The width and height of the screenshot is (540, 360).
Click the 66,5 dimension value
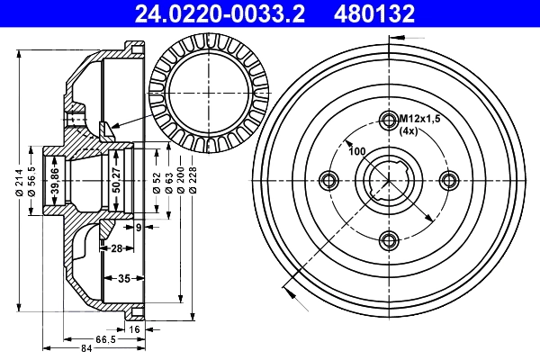tap(106, 340)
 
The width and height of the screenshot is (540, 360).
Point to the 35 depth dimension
tap(125, 279)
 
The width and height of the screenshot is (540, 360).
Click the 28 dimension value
tap(116, 247)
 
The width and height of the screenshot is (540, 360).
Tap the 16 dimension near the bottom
tap(134, 331)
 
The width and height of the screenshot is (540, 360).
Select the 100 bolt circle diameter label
tap(356, 150)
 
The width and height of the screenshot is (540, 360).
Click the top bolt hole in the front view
tap(389, 121)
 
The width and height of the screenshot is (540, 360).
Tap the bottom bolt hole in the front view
tap(389, 238)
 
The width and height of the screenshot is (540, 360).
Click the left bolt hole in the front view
tap(329, 180)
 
